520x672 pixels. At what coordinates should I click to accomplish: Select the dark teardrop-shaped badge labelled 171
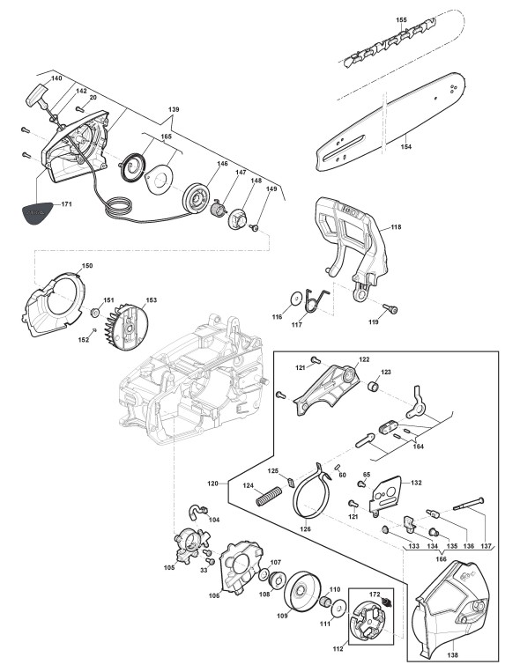point(37,212)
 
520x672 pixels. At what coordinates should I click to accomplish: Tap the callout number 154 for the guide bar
point(406,146)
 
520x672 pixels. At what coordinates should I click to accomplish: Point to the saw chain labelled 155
point(390,43)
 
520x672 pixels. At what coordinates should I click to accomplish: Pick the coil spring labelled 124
point(268,496)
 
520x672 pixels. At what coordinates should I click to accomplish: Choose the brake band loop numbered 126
point(313,494)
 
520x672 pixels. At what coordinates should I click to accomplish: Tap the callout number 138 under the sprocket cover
point(452,655)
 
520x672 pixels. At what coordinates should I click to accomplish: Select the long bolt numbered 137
point(469,504)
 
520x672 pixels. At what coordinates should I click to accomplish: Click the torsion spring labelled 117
point(316,299)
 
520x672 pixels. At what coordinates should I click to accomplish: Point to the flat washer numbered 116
point(294,299)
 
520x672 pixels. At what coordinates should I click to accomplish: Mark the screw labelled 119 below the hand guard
point(390,308)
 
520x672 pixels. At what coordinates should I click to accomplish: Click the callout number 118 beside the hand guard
point(396,226)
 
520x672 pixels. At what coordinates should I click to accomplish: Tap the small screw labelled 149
point(254,227)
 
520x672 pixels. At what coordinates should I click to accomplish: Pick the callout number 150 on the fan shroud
point(87,266)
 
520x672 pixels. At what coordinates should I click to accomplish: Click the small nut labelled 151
point(95,313)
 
